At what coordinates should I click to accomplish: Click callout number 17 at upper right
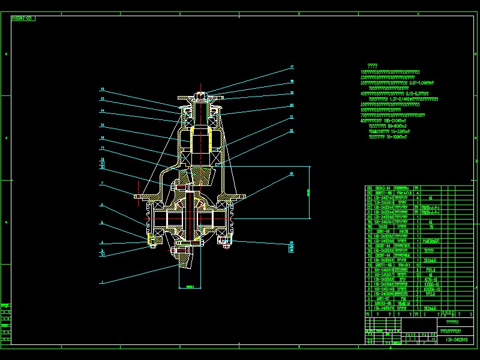pyautogui.click(x=292, y=67)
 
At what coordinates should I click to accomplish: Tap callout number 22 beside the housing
pyautogui.click(x=292, y=130)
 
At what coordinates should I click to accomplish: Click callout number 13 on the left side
pyautogui.click(x=103, y=99)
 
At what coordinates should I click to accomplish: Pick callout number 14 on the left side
pyautogui.click(x=103, y=112)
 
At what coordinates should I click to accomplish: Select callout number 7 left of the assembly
pyautogui.click(x=103, y=183)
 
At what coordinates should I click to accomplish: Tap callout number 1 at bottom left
pyautogui.click(x=103, y=281)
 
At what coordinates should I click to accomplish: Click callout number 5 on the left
pyautogui.click(x=103, y=223)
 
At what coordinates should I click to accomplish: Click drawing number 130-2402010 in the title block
pyautogui.click(x=457, y=340)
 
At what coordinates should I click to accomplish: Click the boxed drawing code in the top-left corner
pyautogui.click(x=23, y=19)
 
